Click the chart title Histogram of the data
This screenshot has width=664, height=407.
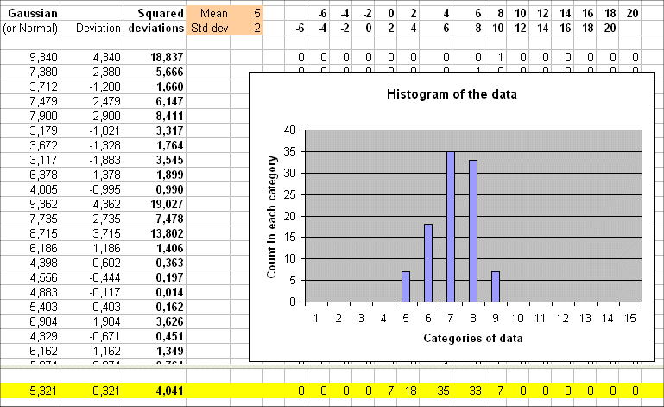[451, 93]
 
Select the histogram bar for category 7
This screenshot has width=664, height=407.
[451, 226]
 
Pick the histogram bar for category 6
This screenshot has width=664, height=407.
[428, 263]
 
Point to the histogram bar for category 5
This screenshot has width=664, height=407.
[406, 286]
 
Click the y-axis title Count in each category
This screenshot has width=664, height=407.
[274, 216]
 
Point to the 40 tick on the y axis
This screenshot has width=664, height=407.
[291, 130]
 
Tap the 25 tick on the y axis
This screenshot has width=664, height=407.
[291, 194]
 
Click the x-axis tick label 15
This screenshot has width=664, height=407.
[630, 317]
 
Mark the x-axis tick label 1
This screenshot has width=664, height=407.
[316, 317]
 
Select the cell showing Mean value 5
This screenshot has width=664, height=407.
[256, 14]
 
